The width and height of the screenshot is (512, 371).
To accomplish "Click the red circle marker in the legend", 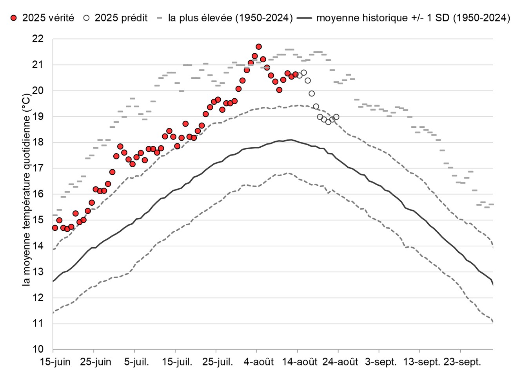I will [14, 18].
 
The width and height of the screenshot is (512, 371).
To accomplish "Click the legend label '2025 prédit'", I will [121, 18].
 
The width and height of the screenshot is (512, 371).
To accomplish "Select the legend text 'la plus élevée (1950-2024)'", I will [231, 18].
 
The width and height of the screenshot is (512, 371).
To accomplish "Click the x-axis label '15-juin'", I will [53, 360].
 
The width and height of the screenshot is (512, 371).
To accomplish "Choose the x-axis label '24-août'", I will [338, 360].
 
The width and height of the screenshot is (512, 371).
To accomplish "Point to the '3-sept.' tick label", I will [379, 360].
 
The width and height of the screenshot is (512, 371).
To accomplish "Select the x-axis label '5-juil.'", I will [134, 360].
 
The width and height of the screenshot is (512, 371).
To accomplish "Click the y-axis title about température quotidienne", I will [26, 190].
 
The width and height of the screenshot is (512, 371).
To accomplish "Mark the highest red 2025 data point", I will [259, 47].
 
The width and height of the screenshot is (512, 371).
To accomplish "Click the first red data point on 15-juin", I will [55, 228].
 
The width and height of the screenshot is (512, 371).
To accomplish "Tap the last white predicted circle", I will [336, 117].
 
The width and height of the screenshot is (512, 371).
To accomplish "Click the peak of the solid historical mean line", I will [290, 139].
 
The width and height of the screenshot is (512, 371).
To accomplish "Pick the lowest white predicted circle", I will [328, 122].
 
